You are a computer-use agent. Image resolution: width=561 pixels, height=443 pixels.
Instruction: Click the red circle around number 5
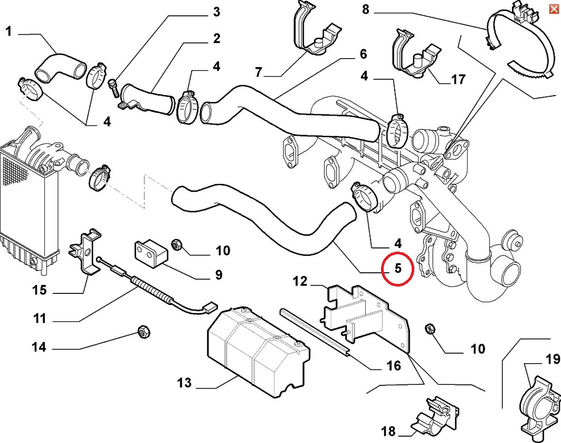click(397, 269)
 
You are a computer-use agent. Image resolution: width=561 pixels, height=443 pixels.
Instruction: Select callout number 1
click(8, 32)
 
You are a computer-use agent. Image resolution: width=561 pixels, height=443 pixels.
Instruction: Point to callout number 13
click(184, 382)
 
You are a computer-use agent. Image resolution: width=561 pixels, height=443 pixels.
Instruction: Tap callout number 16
click(393, 366)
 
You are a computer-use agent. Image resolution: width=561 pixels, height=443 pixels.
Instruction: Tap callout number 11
click(40, 319)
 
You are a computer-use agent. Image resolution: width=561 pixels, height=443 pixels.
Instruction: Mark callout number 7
click(258, 72)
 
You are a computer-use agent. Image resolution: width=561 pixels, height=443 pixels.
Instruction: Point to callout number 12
click(300, 281)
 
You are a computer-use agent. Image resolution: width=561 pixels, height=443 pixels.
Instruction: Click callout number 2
click(216, 39)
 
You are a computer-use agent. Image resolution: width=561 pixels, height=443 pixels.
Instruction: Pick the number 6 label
click(363, 54)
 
